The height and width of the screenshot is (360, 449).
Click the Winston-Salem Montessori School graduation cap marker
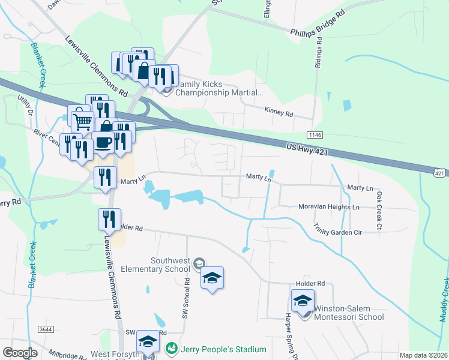[x=303, y=300]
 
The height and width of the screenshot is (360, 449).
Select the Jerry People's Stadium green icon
[x=171, y=349]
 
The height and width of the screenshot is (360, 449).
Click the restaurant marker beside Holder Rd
[x=109, y=220]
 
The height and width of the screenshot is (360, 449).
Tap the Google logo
[x=20, y=353]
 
